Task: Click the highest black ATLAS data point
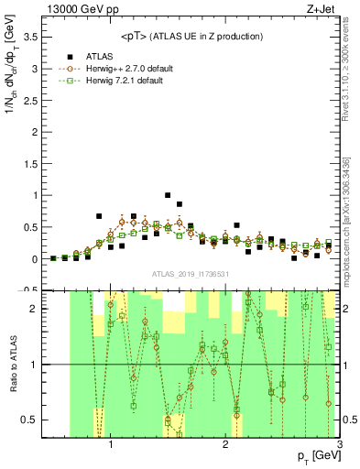tap(168, 195)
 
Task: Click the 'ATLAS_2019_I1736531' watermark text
tap(190, 274)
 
